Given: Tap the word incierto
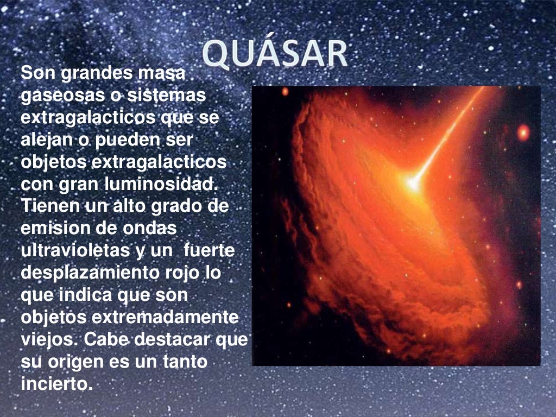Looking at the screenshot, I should [54, 384].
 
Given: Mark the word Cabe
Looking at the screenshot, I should [105, 339].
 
